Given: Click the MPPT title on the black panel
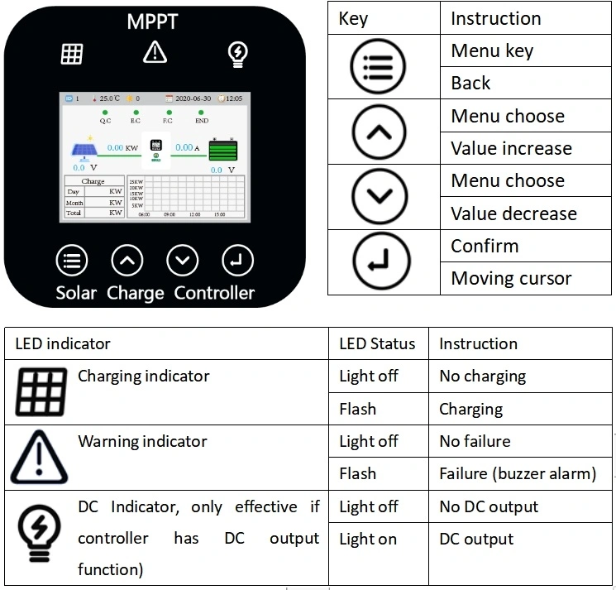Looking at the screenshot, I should [152, 21].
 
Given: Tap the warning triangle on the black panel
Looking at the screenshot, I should [155, 52].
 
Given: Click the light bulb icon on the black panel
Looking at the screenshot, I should [238, 54].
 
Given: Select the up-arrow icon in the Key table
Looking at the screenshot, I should [380, 132].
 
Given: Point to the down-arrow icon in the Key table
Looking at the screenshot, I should [380, 197].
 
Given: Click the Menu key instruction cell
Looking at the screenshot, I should [492, 51].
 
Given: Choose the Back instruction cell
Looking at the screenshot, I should [470, 83].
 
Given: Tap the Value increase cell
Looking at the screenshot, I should [511, 148].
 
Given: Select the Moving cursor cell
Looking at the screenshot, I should [511, 278].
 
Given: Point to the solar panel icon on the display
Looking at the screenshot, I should [84, 151].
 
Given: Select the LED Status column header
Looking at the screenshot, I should [377, 343].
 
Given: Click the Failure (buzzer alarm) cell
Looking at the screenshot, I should [518, 473].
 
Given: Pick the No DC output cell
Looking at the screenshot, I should [489, 506].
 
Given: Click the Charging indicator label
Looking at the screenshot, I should [143, 376].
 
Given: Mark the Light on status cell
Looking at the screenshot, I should [368, 539].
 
